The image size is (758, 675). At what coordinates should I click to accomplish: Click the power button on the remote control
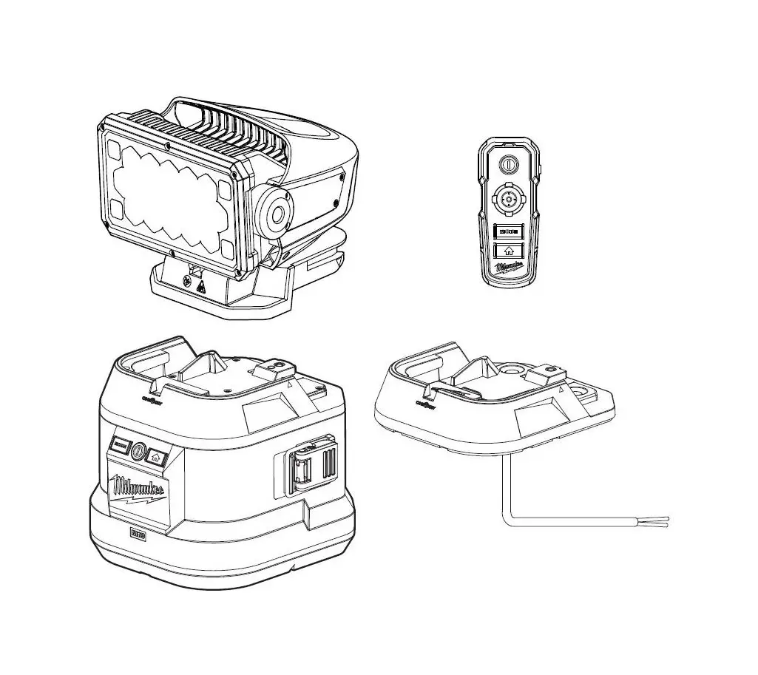tap(507, 164)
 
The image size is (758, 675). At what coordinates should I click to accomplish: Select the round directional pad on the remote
tap(508, 198)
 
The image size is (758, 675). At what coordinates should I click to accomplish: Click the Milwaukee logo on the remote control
tap(510, 267)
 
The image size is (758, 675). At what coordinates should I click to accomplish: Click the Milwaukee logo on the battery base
tap(138, 489)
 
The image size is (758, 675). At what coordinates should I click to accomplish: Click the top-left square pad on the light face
tap(115, 149)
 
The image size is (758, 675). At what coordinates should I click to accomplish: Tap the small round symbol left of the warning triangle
tap(186, 280)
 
